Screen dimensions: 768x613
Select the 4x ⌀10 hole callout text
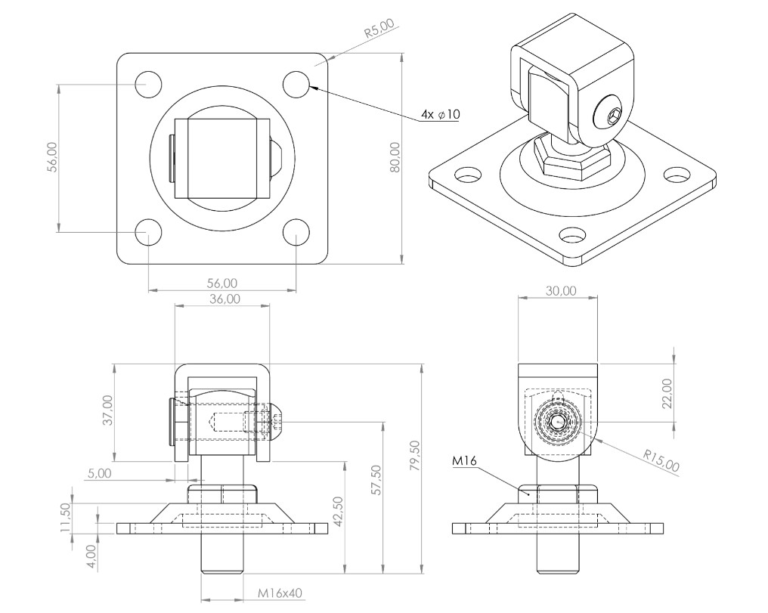point(441,115)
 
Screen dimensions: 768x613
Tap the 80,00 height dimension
point(395,157)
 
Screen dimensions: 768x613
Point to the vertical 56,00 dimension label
point(52,157)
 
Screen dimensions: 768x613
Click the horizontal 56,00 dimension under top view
point(222,283)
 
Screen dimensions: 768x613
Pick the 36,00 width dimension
point(225,299)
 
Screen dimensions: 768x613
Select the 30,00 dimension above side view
point(561,291)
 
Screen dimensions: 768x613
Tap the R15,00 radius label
point(661,461)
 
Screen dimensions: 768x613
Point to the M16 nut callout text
point(464,460)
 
